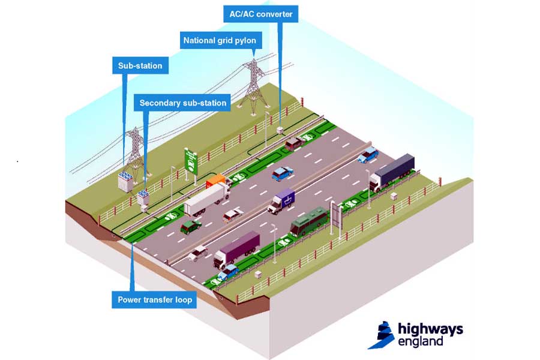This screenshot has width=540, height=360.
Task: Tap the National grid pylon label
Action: click(x=219, y=41)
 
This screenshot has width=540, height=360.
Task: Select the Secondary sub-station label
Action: click(x=182, y=103)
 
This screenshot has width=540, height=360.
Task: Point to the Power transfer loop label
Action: click(x=155, y=299)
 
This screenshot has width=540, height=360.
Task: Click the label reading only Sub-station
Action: click(x=140, y=65)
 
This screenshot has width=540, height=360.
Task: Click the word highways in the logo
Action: click(x=430, y=329)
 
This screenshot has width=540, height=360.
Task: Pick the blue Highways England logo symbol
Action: click(x=380, y=334)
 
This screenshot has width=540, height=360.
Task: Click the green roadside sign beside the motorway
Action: click(x=191, y=161)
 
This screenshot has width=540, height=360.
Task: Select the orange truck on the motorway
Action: click(x=218, y=180)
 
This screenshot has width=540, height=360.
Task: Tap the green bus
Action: click(x=310, y=221)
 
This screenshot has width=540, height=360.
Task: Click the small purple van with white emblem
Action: click(x=281, y=200)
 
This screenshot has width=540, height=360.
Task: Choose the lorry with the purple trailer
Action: click(x=236, y=248)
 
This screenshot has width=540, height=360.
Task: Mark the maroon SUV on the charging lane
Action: click(x=293, y=143)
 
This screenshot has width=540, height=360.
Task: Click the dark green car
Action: click(x=191, y=226)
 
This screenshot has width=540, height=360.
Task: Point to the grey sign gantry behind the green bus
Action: click(x=337, y=215)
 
